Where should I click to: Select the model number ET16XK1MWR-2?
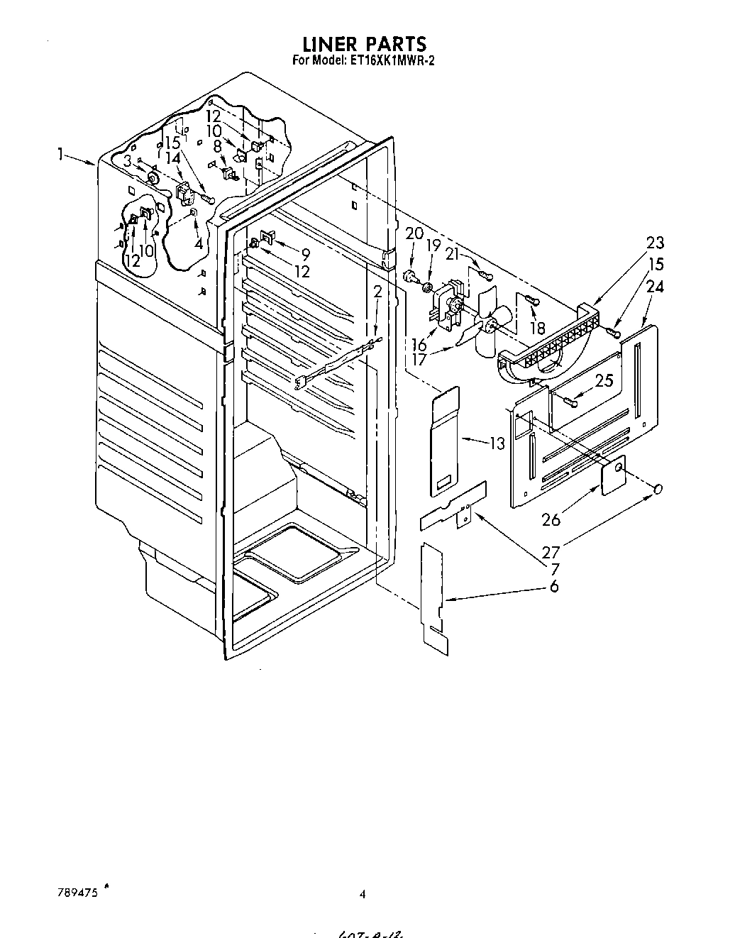392,61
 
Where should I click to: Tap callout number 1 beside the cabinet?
63,154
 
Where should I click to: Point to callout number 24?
656,287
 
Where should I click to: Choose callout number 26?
551,520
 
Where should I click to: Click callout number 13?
497,444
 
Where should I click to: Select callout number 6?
553,586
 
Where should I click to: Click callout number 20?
414,234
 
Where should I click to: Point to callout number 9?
306,253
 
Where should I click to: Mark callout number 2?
377,292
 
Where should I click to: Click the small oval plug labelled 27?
658,489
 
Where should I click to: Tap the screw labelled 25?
570,402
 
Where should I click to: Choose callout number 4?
199,243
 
